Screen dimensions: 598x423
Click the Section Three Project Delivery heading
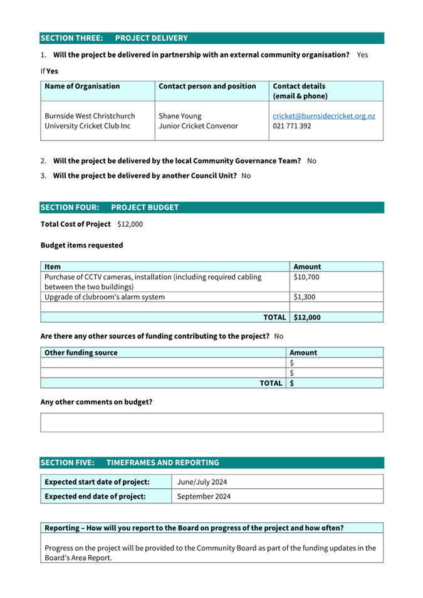pyautogui.click(x=114, y=38)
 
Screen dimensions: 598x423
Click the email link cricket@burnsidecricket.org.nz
pyautogui.click(x=324, y=116)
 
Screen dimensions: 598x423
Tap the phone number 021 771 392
pyautogui.click(x=292, y=126)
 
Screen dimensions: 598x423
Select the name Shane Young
pyautogui.click(x=180, y=116)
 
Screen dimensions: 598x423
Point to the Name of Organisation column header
pyautogui.click(x=82, y=86)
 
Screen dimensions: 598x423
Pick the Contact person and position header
pyautogui.click(x=207, y=86)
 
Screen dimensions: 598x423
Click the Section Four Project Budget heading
pyautogui.click(x=110, y=207)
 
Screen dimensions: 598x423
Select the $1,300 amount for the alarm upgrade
pyautogui.click(x=305, y=297)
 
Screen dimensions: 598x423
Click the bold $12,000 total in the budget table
pyautogui.click(x=307, y=317)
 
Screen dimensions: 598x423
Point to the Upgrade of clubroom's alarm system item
pyautogui.click(x=105, y=297)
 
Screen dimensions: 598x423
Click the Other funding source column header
pyautogui.click(x=81, y=353)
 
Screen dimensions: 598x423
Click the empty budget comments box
pyautogui.click(x=211, y=422)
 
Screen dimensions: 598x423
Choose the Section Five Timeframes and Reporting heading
pyautogui.click(x=130, y=463)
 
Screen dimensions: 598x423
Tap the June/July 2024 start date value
pyautogui.click(x=202, y=482)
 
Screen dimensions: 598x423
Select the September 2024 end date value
pyautogui.click(x=204, y=497)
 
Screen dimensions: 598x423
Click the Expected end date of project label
pyautogui.click(x=95, y=497)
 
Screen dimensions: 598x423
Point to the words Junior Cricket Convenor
pyautogui.click(x=198, y=126)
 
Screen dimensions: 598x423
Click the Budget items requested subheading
pyautogui.click(x=81, y=245)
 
